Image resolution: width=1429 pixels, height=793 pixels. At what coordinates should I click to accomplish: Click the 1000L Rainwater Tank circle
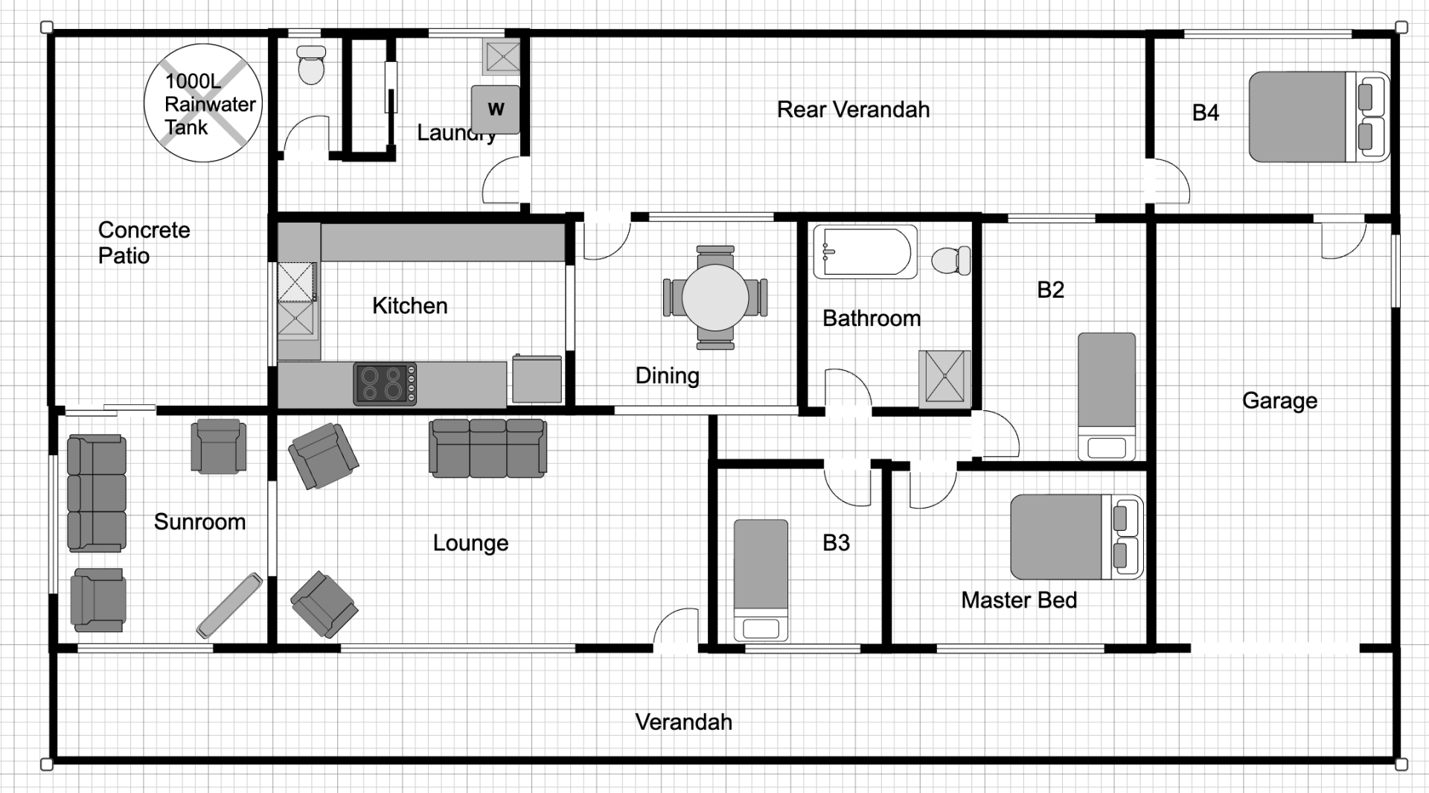(203, 103)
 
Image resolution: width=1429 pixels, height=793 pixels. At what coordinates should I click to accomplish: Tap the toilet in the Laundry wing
(311, 65)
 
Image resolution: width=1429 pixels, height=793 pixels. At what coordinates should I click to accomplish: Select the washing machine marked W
(495, 109)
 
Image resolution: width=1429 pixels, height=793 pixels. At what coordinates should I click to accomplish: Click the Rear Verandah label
(853, 109)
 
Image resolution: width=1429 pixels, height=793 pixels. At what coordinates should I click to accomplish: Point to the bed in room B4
(1319, 117)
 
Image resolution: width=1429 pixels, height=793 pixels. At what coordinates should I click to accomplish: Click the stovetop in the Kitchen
(385, 384)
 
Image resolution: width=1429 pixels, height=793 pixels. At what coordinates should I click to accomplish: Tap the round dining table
(715, 298)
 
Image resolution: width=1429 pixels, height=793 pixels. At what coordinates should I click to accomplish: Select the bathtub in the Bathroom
(865, 252)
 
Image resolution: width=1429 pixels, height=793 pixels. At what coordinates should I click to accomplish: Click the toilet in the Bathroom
(951, 260)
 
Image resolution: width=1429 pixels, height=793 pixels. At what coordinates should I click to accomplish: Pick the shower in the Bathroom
(945, 379)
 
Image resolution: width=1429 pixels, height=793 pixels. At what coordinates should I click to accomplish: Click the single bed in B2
(1107, 397)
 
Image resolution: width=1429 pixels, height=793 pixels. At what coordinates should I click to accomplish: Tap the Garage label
(1279, 401)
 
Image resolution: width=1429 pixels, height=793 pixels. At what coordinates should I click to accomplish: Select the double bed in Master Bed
(1077, 537)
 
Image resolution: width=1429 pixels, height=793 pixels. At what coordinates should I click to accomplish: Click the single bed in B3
(761, 580)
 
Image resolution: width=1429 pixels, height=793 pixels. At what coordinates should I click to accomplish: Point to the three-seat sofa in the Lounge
(488, 448)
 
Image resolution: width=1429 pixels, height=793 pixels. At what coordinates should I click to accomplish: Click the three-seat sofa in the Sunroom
(97, 493)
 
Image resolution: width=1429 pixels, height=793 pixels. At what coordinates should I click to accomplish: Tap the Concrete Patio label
(144, 243)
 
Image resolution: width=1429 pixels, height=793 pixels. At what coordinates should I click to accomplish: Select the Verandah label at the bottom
(683, 722)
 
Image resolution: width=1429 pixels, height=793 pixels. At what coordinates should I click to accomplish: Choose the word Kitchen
(409, 305)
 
